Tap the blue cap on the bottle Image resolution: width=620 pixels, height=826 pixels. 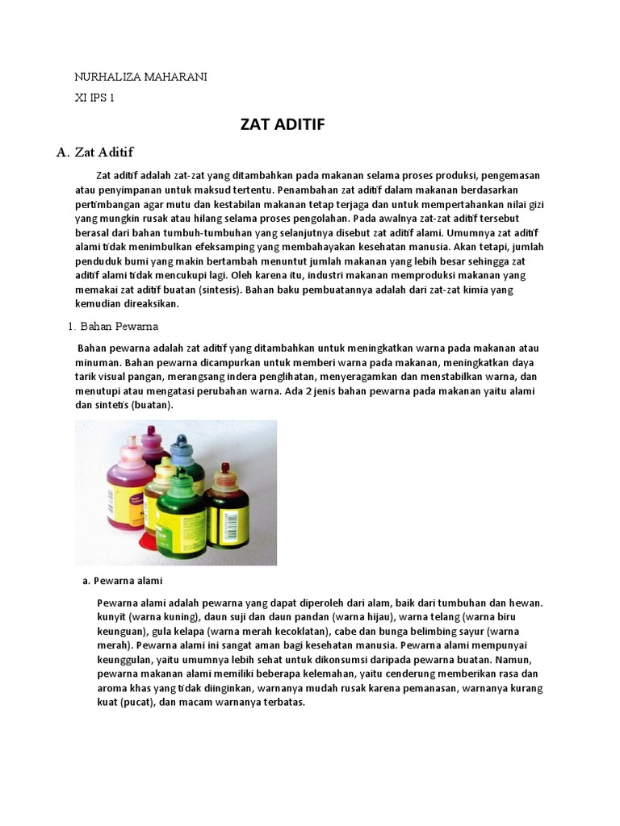click(180, 446)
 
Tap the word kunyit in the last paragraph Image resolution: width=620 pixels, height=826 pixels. click(112, 617)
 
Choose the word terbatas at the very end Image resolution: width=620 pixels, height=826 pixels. click(282, 703)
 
